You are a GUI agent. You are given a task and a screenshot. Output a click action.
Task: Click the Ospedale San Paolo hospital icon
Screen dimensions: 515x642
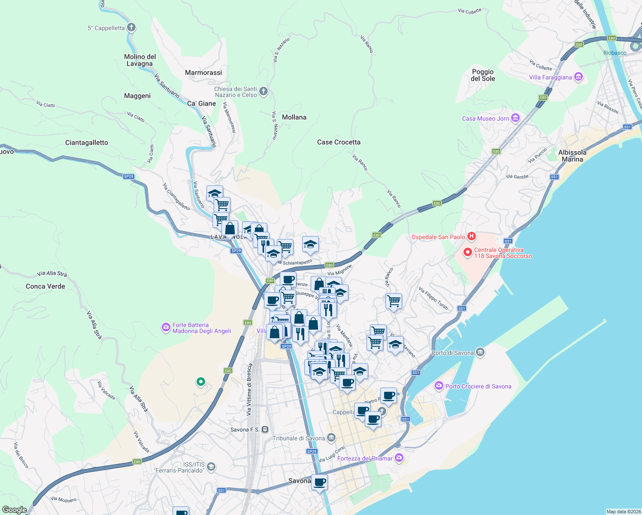click(472, 236)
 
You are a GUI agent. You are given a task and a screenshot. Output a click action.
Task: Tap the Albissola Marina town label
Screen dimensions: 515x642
click(572, 156)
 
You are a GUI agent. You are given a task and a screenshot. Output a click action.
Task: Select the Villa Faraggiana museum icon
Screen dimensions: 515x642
click(578, 77)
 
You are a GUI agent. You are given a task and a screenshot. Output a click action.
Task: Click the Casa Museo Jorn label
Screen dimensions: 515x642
click(485, 118)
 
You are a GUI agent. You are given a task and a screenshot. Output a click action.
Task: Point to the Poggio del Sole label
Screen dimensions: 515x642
click(483, 75)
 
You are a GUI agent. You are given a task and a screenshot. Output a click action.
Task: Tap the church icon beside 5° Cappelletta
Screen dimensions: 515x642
click(131, 27)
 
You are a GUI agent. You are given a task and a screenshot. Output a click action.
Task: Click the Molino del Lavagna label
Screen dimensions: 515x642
click(140, 60)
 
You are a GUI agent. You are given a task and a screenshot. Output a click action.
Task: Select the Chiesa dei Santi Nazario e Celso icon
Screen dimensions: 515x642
click(263, 91)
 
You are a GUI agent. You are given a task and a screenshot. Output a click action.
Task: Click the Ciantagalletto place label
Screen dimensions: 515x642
click(87, 142)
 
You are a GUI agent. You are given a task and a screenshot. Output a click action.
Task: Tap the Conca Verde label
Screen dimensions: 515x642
click(45, 286)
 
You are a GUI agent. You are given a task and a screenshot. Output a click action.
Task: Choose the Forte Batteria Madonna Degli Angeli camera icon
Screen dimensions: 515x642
click(166, 328)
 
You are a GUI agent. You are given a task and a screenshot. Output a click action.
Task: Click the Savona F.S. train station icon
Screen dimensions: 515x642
click(265, 429)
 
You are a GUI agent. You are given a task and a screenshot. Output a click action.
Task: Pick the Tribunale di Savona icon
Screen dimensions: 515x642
click(331, 438)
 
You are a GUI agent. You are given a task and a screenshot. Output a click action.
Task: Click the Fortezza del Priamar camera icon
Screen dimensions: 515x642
click(399, 458)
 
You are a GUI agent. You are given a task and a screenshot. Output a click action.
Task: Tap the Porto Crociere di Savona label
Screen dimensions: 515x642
click(478, 386)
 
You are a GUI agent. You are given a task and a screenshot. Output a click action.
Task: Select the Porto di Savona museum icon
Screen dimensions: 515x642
click(480, 352)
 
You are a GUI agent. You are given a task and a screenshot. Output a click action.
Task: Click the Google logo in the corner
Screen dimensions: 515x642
click(15, 510)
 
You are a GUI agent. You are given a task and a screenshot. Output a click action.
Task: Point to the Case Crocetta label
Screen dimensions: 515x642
click(339, 142)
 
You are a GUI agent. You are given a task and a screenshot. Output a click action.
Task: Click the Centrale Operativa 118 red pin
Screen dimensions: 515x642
click(468, 252)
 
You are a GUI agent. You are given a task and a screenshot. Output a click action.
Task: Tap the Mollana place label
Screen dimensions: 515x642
click(294, 117)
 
